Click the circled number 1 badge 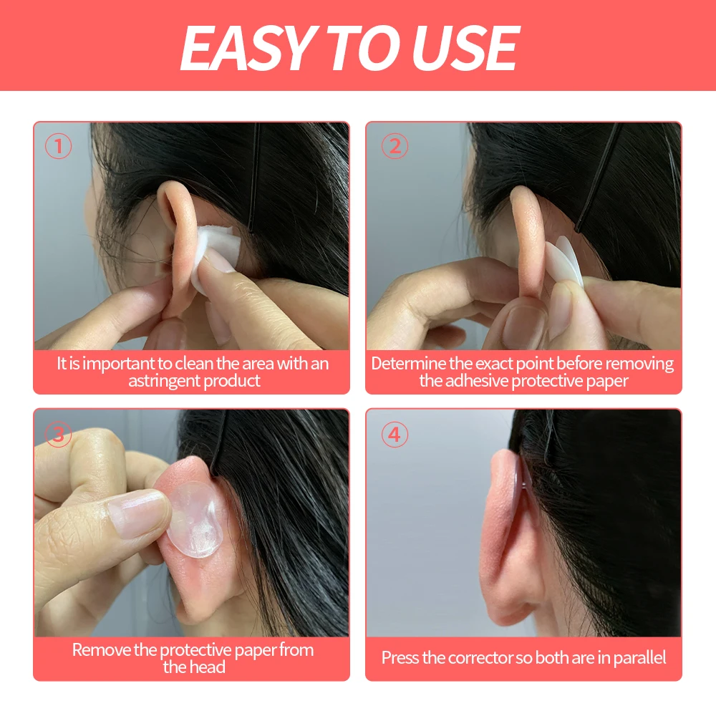(x=59, y=147)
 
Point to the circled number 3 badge (x=59, y=435)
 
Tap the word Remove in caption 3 (x=101, y=650)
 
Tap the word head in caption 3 (x=208, y=667)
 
